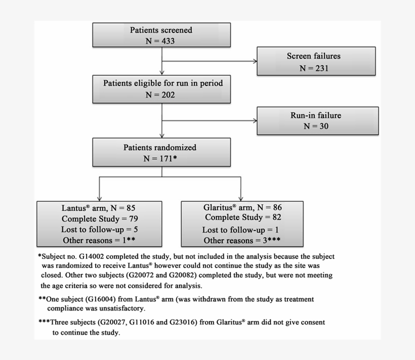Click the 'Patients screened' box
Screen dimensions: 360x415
161,35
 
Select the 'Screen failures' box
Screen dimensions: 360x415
316,62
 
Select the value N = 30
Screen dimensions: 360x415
316,126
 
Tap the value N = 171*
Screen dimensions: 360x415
161,159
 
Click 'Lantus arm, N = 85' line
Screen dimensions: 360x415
99,208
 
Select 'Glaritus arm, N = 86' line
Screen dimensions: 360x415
242,207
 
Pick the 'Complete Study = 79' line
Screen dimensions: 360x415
100,219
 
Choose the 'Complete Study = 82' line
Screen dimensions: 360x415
243,218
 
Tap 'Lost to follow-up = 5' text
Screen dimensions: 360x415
99,230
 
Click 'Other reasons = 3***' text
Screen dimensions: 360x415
242,241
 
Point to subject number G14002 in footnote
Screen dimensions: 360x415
90,257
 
